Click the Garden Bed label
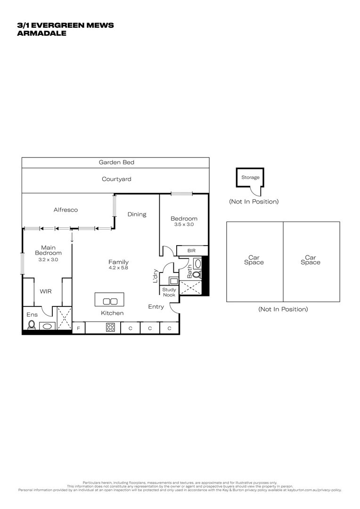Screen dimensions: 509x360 [x=116, y=163]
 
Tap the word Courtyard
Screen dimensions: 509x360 [x=116, y=179]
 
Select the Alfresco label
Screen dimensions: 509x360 [x=65, y=210]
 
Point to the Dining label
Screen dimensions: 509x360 [x=137, y=214]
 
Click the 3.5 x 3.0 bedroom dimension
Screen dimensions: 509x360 [x=184, y=225]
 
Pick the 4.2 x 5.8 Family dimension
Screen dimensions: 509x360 [x=118, y=268]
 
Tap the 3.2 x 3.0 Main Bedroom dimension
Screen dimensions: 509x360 [x=49, y=259]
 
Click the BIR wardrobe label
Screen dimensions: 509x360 [x=192, y=251]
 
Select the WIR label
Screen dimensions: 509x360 [x=46, y=291]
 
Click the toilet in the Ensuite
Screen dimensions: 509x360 [x=32, y=324]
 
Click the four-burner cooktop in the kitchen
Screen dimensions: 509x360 [x=110, y=328]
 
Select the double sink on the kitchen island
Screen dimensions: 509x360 [x=109, y=301]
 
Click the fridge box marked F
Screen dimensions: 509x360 [x=78, y=328]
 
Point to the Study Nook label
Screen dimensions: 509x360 [x=169, y=292]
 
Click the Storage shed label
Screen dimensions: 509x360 [x=250, y=178]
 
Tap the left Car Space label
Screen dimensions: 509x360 [x=254, y=260]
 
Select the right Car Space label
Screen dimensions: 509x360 [x=311, y=260]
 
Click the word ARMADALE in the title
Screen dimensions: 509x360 [x=41, y=33]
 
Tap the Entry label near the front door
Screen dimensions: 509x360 [x=156, y=307]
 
